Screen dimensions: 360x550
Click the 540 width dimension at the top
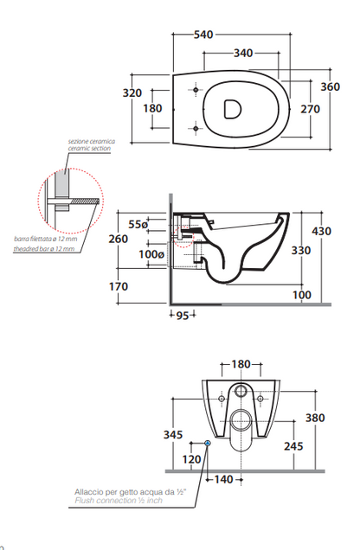tap(203, 35)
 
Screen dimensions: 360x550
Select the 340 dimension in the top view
tap(243, 53)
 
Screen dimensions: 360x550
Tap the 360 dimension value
tap(331, 86)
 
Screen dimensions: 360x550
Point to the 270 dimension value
tap(310, 109)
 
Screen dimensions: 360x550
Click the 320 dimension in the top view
tap(132, 93)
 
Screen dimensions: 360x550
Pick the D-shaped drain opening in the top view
tap(232, 109)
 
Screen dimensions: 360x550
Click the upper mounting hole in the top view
tap(196, 90)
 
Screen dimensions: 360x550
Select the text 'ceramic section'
tap(89, 149)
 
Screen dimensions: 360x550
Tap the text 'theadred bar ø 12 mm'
tap(44, 249)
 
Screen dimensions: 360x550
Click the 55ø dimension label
tap(138, 224)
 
